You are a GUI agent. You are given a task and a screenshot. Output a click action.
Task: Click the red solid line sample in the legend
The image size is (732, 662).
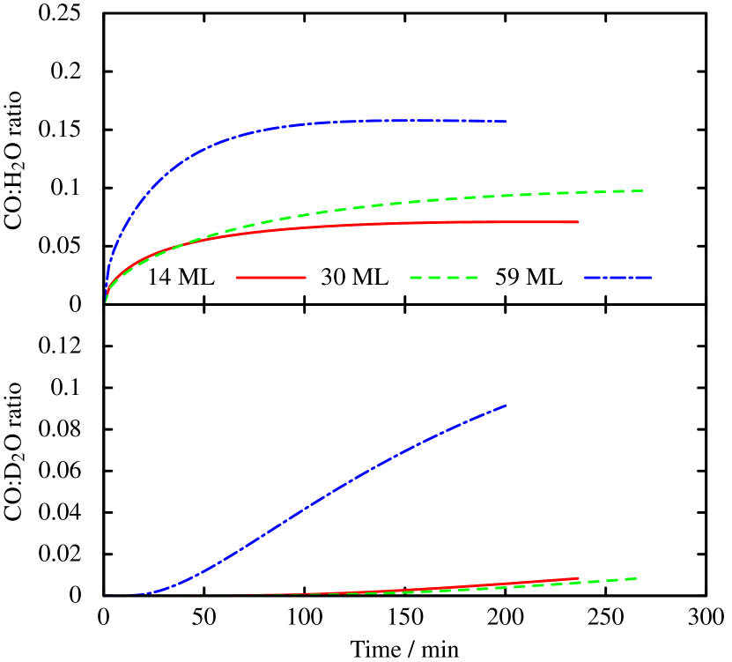coord(270,278)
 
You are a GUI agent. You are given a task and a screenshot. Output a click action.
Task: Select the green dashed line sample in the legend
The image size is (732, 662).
coord(444,278)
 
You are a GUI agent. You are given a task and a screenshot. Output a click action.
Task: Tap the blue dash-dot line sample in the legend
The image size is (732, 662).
coord(617,278)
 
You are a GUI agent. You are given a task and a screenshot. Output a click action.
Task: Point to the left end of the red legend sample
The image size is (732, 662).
coord(237,278)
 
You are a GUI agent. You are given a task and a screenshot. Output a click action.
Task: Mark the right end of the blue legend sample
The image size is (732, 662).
coord(651,278)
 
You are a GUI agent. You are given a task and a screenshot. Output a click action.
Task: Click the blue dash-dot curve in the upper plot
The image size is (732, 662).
coord(220,140)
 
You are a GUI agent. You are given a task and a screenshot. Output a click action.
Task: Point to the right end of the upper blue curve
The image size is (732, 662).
coord(506,122)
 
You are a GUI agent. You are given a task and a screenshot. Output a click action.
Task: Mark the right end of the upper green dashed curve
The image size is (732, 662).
coord(644,190)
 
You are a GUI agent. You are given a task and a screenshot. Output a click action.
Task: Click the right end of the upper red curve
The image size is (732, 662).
coord(579,222)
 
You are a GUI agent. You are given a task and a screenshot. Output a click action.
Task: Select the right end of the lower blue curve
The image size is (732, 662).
coord(506,405)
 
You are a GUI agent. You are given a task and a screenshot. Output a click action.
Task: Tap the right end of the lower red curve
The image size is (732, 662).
coord(579,578)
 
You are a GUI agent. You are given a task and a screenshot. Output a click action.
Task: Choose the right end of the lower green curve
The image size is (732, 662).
coord(637,578)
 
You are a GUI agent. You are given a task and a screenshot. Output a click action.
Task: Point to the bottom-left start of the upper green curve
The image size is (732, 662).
coord(106,301)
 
